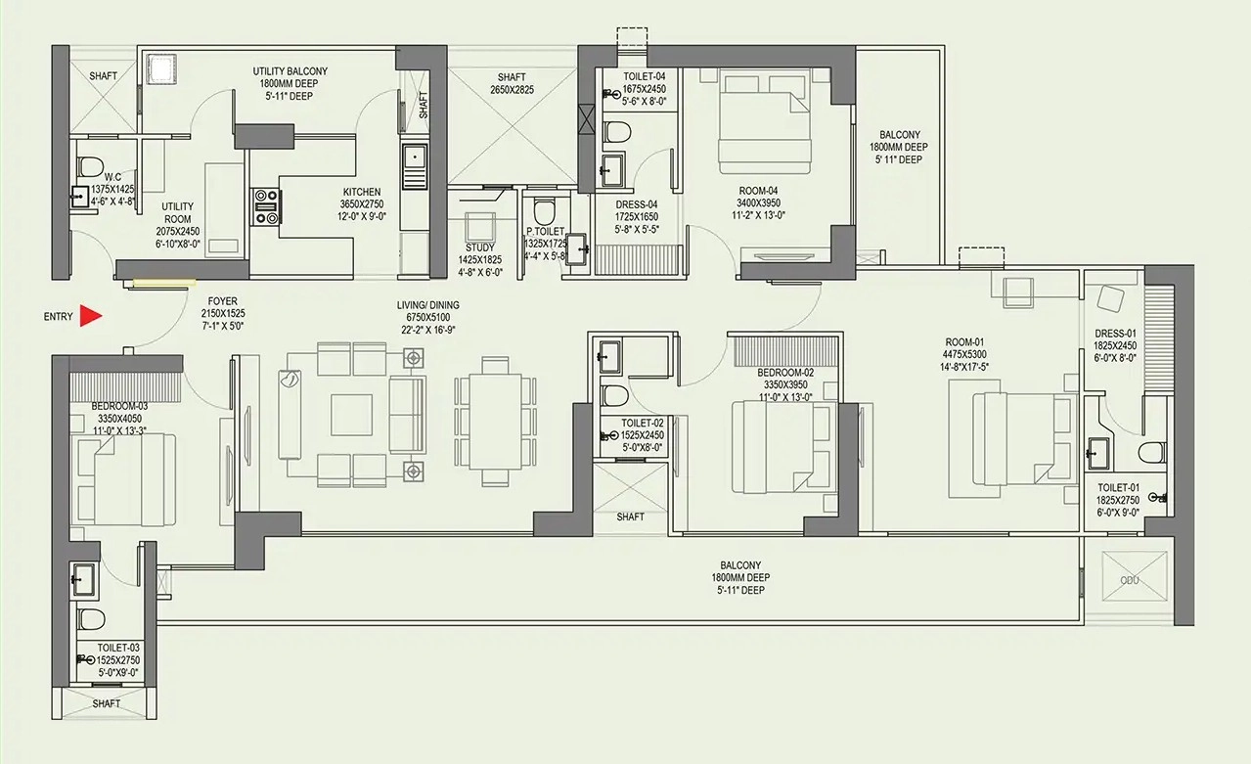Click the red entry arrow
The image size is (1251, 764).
[x=90, y=316]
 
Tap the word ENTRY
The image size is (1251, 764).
[x=58, y=317]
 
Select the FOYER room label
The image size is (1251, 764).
[x=223, y=301]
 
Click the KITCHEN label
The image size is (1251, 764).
[x=362, y=192]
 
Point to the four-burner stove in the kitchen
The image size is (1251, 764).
[x=266, y=206]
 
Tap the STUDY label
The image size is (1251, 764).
[x=480, y=247]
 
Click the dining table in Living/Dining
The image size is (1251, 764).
[x=495, y=422]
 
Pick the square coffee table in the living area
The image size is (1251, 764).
[x=351, y=415]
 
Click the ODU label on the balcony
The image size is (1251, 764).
[x=1130, y=580]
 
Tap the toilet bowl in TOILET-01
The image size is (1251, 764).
[x=1151, y=453]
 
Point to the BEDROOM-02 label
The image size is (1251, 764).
[x=785, y=373]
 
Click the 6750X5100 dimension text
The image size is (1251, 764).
[x=428, y=317]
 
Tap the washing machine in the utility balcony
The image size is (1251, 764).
[x=161, y=69]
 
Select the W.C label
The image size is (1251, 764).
[x=112, y=178]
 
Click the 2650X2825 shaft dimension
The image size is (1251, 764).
[x=512, y=89]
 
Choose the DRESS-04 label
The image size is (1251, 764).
[x=637, y=204]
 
